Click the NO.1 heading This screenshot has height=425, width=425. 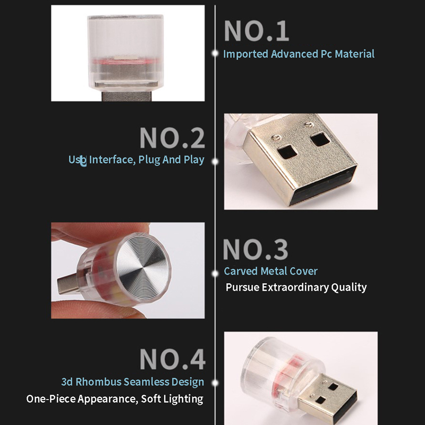click(257, 31)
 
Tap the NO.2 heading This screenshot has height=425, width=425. click(172, 138)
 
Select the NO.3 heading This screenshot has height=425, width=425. click(256, 249)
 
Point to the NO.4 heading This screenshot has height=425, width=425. click(172, 359)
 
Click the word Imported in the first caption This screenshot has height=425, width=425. click(245, 54)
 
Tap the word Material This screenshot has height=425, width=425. click(354, 54)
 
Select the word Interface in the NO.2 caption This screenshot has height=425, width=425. click(112, 160)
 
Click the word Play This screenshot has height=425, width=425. click(194, 160)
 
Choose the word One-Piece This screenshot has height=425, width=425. click(50, 399)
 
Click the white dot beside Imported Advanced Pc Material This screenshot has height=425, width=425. click(215, 54)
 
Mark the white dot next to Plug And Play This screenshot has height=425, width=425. click(215, 161)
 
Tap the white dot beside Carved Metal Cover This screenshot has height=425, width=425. click(215, 274)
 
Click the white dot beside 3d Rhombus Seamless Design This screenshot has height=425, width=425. click(215, 383)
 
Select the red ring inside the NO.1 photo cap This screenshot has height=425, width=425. click(125, 62)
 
